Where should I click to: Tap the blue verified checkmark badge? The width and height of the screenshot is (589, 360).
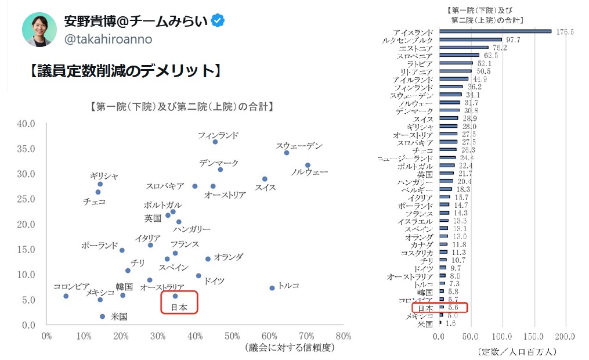click(218, 21)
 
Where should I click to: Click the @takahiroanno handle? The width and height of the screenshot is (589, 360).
click(108, 39)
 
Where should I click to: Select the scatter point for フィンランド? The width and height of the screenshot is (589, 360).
click(215, 142)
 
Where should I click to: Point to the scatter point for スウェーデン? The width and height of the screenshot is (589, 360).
click(287, 153)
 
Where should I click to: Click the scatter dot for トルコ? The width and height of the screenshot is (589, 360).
click(272, 288)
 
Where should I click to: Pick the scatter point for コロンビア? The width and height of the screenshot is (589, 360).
click(66, 296)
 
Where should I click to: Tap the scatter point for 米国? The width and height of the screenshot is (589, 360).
click(103, 316)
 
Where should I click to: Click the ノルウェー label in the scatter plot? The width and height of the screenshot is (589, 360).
click(309, 172)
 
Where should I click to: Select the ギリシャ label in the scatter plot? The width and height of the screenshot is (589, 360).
click(104, 176)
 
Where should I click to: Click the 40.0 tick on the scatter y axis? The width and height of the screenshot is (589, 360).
click(27, 124)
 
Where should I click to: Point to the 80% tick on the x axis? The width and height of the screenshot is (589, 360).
click(343, 336)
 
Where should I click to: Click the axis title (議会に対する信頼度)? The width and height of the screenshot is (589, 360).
click(290, 348)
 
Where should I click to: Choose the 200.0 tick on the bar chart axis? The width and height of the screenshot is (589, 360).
click(565, 337)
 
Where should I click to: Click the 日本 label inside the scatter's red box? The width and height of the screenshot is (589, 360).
click(178, 308)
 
